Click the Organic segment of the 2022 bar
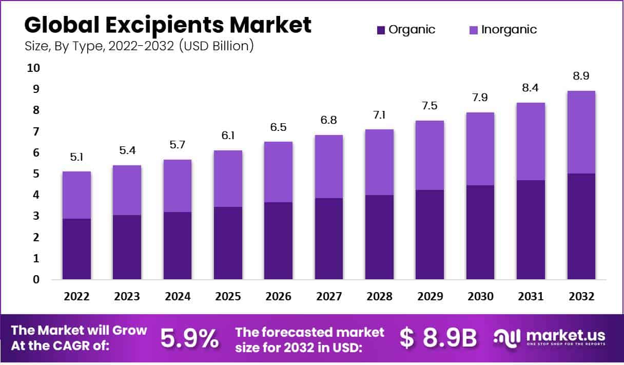click(77, 249)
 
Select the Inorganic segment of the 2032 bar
click(581, 132)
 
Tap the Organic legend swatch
click(381, 30)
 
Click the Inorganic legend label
click(509, 30)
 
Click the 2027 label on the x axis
click(328, 297)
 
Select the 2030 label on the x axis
click(480, 297)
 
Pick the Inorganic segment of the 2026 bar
click(278, 172)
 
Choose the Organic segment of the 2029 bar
click(430, 235)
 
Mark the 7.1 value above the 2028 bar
click(379, 116)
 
